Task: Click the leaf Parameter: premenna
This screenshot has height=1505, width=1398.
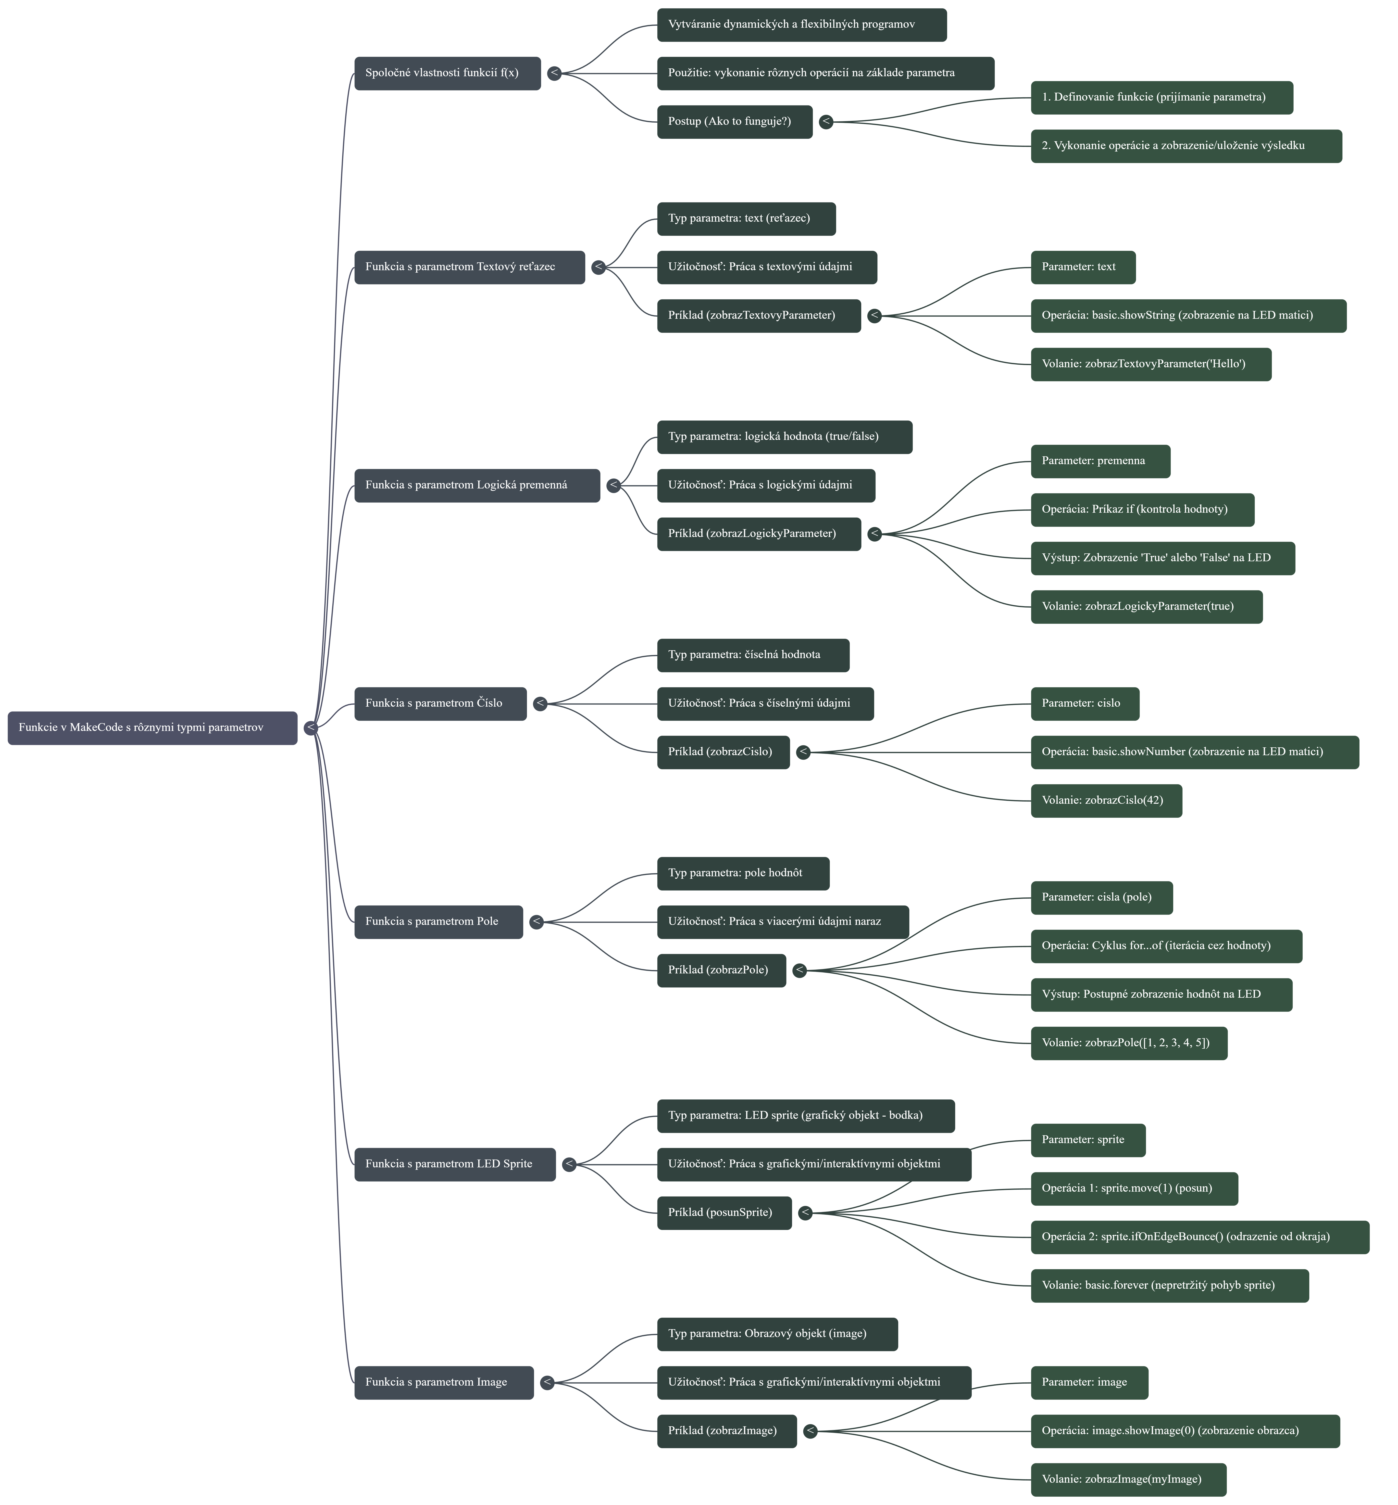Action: tap(1100, 461)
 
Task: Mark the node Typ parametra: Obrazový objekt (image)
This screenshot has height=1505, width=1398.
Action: tap(777, 1333)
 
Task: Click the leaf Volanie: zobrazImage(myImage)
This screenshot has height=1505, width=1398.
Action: tap(1128, 1479)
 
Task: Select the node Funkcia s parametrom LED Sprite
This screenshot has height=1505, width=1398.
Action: tap(455, 1164)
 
